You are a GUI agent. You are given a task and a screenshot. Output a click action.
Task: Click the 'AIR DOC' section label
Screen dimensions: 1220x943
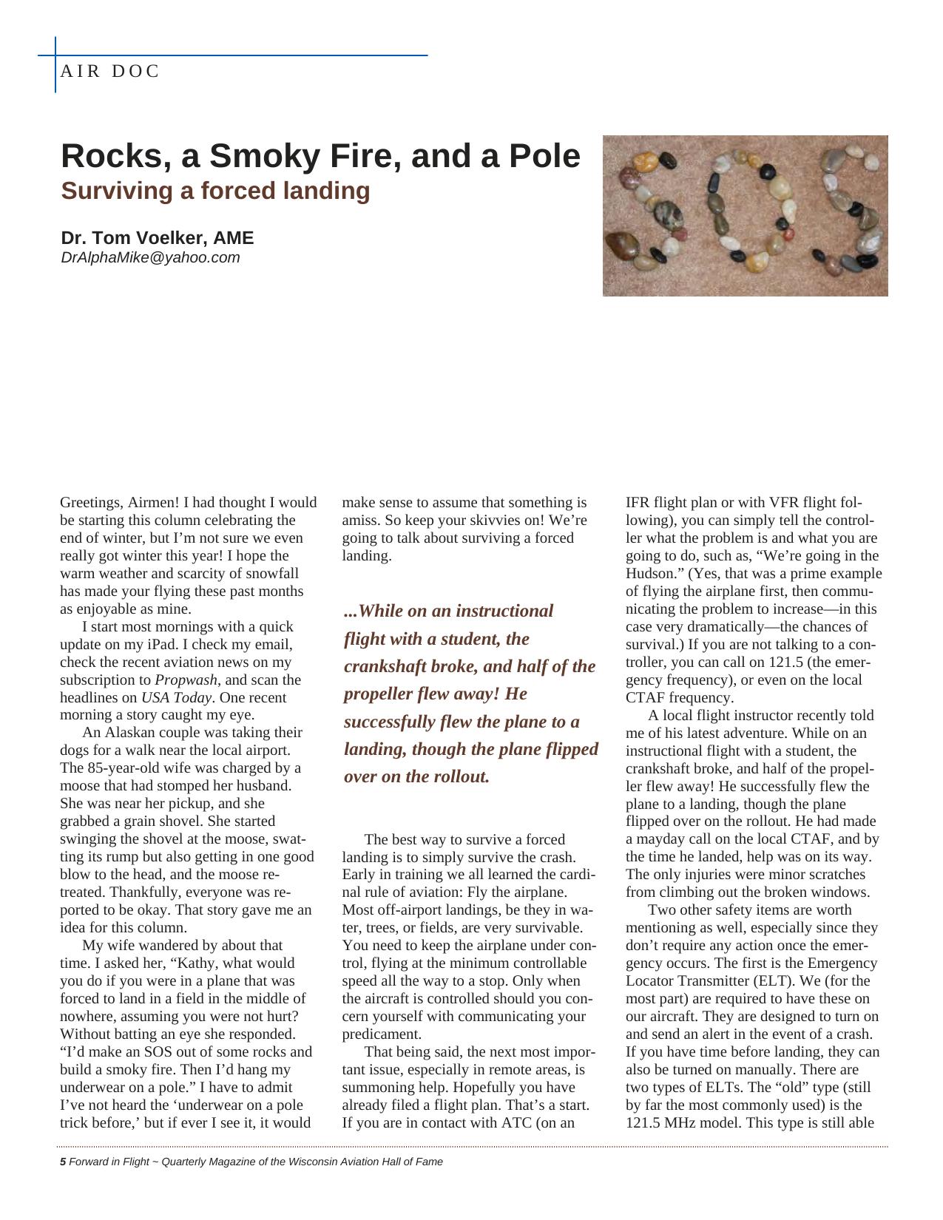[x=110, y=72]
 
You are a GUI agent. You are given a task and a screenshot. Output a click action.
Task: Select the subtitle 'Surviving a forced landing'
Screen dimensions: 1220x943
[x=215, y=191]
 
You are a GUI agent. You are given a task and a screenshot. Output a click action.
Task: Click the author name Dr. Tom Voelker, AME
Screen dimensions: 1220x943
[x=157, y=238]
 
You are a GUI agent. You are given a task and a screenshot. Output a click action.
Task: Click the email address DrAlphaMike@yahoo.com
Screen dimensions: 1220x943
[x=150, y=257]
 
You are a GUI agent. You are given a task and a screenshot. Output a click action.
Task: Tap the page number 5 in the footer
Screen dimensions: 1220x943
[x=63, y=1162]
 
